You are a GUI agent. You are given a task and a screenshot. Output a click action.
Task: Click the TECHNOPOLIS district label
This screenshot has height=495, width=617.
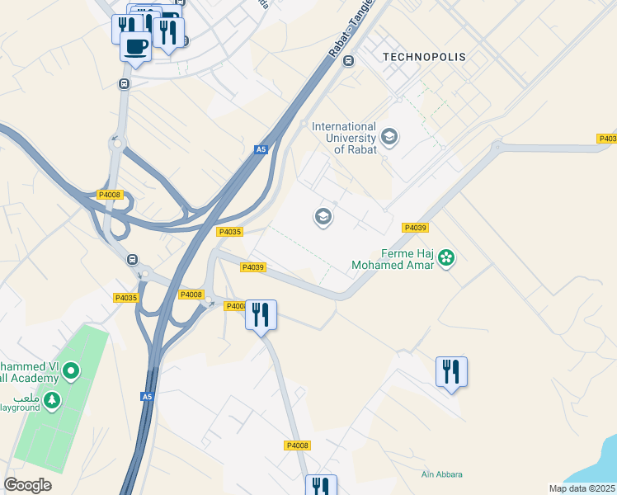pyautogui.click(x=424, y=57)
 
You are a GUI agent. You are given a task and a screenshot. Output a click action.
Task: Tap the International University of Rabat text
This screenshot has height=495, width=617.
pyautogui.click(x=344, y=138)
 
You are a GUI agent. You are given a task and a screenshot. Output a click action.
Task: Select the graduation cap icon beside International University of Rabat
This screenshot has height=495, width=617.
pyautogui.click(x=389, y=138)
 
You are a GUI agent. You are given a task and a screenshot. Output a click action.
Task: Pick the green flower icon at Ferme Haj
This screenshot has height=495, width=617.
pyautogui.click(x=446, y=258)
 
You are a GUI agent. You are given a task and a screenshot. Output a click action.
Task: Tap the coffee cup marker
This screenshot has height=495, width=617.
pyautogui.click(x=135, y=46)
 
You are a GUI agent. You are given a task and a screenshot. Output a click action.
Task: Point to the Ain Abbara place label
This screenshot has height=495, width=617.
pyautogui.click(x=441, y=474)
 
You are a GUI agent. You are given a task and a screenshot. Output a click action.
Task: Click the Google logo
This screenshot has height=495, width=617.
pyautogui.click(x=27, y=485)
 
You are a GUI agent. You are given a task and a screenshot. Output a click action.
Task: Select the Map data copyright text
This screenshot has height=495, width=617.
pyautogui.click(x=582, y=488)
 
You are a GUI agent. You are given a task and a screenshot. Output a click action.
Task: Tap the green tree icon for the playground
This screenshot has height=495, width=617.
pyautogui.click(x=52, y=400)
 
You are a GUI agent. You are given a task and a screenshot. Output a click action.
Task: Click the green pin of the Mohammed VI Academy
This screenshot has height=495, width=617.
pyautogui.click(x=71, y=371)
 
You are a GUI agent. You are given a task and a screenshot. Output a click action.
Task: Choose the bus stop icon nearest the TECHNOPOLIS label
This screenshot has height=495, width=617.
pyautogui.click(x=348, y=60)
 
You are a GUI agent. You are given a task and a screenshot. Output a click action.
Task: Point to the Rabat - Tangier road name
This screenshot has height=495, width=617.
pyautogui.click(x=351, y=28)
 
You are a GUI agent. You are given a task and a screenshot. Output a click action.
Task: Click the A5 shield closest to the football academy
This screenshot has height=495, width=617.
pyautogui.click(x=147, y=397)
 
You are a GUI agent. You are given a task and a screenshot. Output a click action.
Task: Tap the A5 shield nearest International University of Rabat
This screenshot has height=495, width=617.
pyautogui.click(x=261, y=149)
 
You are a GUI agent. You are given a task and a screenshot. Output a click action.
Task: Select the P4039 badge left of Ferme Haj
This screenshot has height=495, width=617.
pyautogui.click(x=414, y=228)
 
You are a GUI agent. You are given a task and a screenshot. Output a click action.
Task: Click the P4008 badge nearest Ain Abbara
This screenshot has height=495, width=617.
pyautogui.click(x=297, y=445)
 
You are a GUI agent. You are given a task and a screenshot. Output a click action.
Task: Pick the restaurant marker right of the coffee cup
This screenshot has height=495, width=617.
pyautogui.click(x=168, y=33)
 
